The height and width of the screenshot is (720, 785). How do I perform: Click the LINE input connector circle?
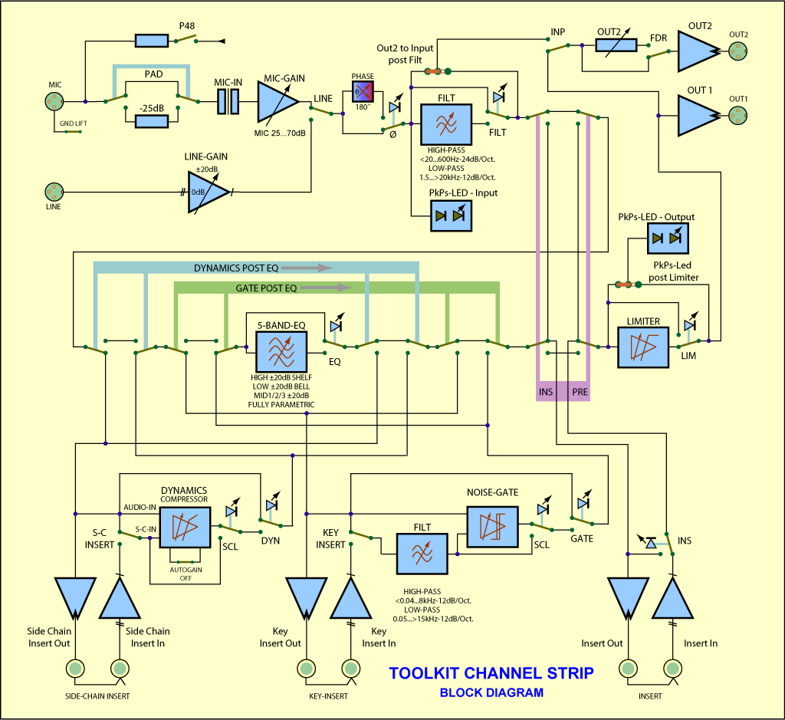[x=53, y=191]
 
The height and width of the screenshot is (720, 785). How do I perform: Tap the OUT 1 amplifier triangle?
[x=696, y=114]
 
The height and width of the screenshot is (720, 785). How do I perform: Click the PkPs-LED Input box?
[x=451, y=216]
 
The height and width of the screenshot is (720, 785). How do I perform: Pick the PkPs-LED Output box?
[x=667, y=238]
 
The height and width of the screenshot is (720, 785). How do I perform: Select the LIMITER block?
[x=642, y=347]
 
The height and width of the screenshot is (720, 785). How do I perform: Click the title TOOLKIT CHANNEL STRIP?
[x=491, y=673]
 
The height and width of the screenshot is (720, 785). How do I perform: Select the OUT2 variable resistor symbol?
[x=616, y=45]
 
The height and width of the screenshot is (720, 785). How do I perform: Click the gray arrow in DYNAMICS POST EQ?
[x=306, y=268]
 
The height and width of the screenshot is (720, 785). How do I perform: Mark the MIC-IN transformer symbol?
[x=228, y=102]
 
